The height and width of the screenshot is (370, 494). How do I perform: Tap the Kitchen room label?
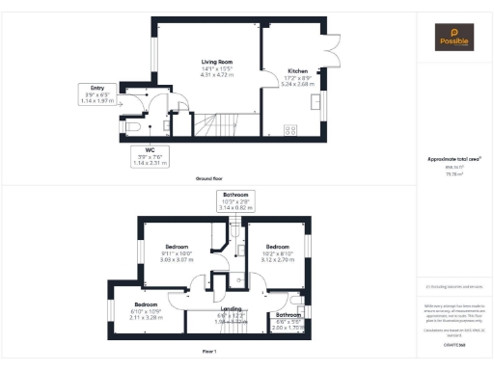(297, 71)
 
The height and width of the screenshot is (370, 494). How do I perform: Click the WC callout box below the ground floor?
(150, 157)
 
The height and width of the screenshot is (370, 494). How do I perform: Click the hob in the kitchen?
(288, 129)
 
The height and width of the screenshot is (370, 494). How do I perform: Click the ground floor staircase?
(222, 124)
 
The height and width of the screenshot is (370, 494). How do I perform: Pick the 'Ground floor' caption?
(209, 179)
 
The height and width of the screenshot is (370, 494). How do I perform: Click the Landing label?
(231, 308)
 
